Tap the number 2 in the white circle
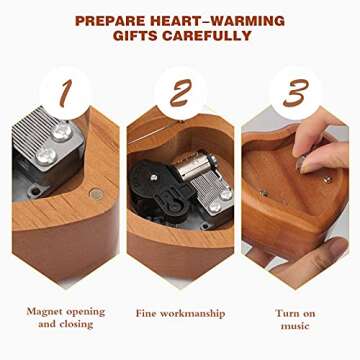180,94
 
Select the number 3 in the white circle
295,94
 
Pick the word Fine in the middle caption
151,313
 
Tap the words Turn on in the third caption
295,313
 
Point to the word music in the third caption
295,325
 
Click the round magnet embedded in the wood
96,193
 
